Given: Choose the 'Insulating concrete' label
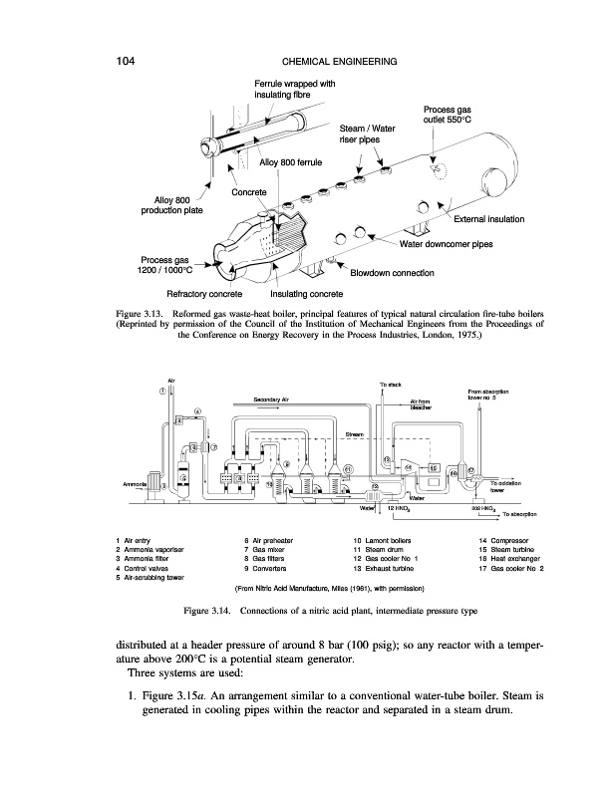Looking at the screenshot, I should [x=307, y=294].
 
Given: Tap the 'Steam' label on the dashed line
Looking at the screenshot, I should [x=355, y=434].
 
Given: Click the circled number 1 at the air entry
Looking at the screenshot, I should [x=162, y=390].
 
